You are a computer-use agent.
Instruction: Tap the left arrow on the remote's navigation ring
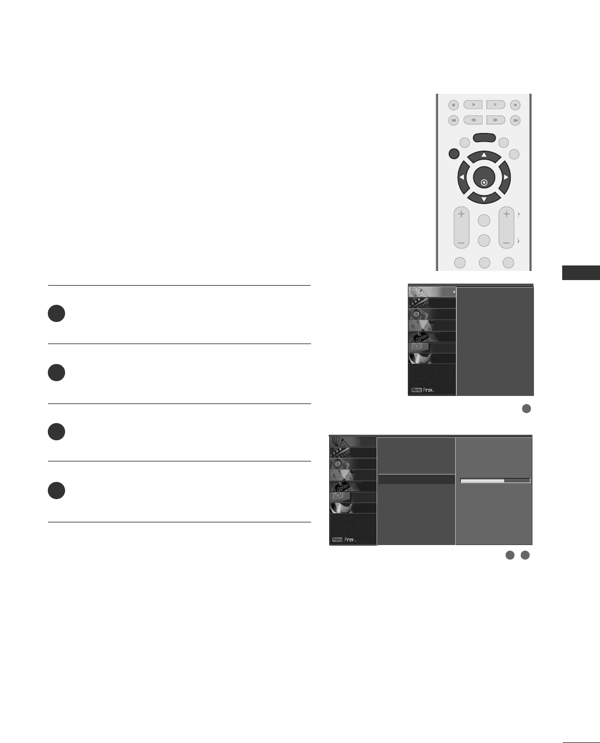click(x=461, y=177)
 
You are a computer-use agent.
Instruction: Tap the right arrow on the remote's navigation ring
click(x=505, y=177)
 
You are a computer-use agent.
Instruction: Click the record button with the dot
click(x=515, y=105)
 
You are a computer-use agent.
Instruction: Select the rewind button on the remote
click(x=473, y=120)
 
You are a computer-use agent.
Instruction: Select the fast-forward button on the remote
click(x=496, y=120)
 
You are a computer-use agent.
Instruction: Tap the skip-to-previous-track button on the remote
click(x=454, y=120)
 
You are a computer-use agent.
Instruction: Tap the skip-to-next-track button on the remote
click(x=515, y=120)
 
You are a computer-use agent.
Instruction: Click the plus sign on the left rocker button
click(x=461, y=214)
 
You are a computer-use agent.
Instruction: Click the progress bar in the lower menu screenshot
click(x=495, y=481)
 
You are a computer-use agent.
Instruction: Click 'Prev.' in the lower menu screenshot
click(x=350, y=539)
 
